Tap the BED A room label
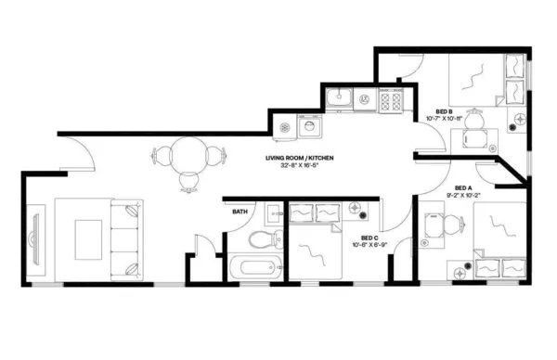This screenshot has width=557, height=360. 463,187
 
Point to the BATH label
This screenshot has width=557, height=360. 239,212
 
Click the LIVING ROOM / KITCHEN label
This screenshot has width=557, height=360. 298,159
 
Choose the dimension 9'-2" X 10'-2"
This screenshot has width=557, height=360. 463,196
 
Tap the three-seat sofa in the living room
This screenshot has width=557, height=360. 126,238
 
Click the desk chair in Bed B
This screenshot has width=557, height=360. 477,122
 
